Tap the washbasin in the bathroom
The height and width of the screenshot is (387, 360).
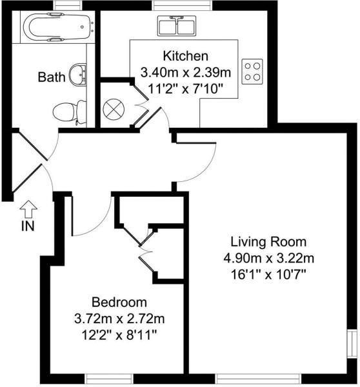point(78,73)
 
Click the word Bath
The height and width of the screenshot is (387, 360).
point(52,78)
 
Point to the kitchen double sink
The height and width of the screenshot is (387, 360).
point(176,28)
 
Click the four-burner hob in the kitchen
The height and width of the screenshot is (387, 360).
point(252,70)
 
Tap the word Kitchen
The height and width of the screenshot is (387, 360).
point(186,55)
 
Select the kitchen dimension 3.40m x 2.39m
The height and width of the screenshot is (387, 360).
point(186,71)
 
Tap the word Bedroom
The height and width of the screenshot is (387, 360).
point(119,302)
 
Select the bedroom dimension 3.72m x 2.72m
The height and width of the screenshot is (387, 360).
point(119,318)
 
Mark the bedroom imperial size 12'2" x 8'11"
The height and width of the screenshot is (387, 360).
point(119,334)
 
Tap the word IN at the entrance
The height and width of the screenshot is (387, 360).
point(27,226)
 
